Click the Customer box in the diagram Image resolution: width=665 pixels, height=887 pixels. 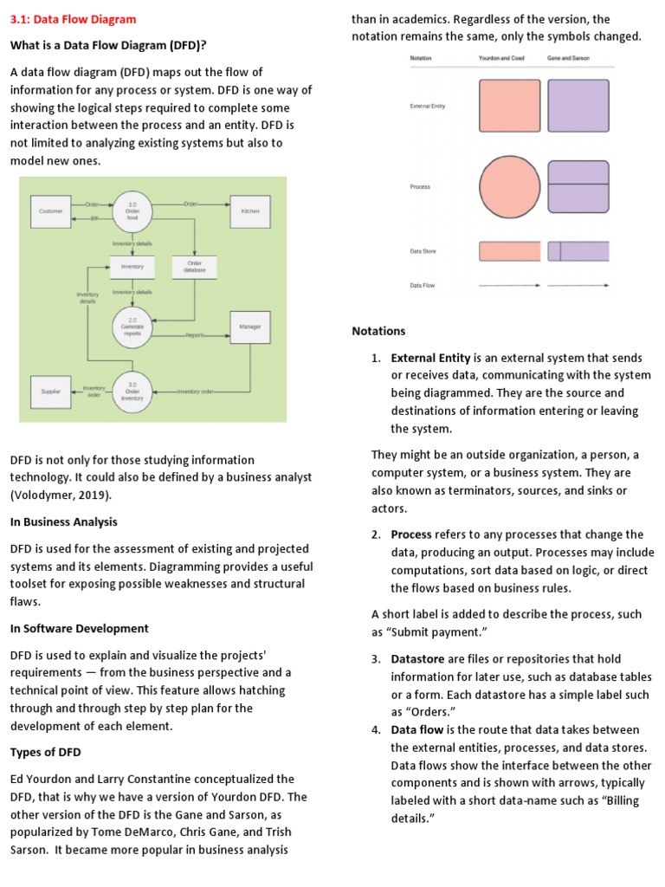pos(51,211)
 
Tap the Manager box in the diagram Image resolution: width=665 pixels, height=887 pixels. pos(250,327)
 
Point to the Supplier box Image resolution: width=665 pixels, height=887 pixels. pos(51,392)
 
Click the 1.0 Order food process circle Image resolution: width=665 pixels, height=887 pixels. pos(132,210)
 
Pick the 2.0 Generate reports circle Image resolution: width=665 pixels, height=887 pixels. pos(132,326)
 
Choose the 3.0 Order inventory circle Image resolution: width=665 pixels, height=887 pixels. pos(132,391)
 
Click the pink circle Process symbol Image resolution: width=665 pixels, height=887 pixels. pos(510,187)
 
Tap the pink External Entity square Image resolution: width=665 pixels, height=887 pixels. pos(509,106)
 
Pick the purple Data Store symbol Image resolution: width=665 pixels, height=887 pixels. pos(578,251)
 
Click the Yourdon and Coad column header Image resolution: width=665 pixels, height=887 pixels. pos(501,58)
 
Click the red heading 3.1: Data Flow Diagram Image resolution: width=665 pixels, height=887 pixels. pos(73,19)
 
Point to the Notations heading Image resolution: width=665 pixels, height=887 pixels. pos(378,331)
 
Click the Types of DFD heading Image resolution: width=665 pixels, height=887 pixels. pos(45,751)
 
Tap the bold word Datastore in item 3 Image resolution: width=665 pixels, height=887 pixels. pos(417,659)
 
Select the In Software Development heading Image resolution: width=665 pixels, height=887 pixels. pos(79,628)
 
